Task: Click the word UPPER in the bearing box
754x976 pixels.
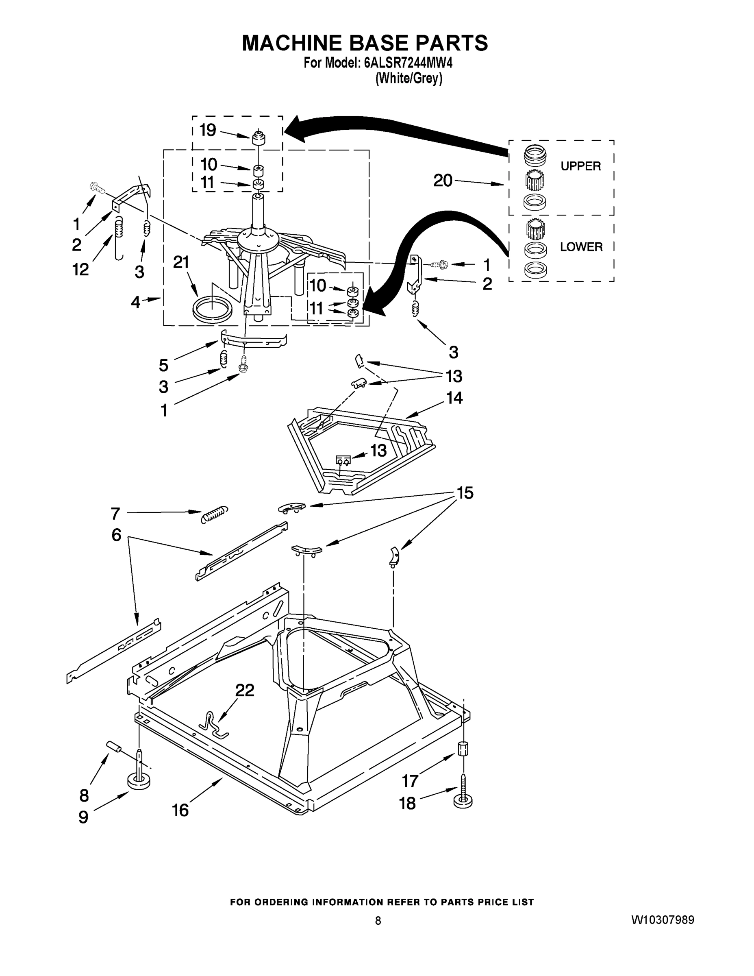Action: click(581, 166)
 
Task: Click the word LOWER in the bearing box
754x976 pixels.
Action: click(581, 247)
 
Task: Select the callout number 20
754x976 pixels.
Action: click(443, 181)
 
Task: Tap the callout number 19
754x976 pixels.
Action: click(208, 130)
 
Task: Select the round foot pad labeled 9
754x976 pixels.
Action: click(139, 782)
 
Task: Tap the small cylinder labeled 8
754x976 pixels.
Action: click(114, 746)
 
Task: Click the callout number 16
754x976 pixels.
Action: click(180, 810)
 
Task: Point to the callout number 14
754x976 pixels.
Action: click(454, 397)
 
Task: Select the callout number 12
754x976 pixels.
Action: click(81, 270)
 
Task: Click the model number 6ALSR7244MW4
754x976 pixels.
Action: click(408, 63)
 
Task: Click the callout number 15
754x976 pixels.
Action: click(465, 493)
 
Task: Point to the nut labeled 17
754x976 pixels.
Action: click(463, 748)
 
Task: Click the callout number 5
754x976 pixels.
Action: click(163, 365)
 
